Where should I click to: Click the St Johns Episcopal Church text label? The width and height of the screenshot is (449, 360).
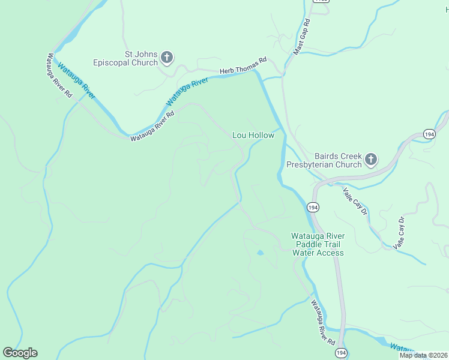point(125,58)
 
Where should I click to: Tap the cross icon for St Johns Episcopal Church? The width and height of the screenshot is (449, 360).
point(167,58)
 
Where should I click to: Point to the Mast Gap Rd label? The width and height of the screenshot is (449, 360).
point(301,38)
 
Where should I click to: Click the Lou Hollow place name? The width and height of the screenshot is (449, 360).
point(253,136)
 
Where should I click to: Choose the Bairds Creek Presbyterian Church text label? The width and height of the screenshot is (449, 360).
point(324,160)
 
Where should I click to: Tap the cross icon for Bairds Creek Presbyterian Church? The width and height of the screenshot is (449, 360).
point(371,160)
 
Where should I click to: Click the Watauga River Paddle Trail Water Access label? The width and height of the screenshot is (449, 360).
point(318,244)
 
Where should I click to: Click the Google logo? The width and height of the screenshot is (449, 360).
point(20,353)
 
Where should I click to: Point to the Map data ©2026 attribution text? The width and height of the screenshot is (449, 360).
point(423,355)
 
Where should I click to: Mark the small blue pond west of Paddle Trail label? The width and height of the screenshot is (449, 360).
point(260,253)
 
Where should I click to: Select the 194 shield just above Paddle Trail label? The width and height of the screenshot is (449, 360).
point(313,207)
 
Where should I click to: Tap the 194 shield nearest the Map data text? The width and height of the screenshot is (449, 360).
point(340,352)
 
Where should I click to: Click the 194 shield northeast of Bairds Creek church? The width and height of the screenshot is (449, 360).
point(428,134)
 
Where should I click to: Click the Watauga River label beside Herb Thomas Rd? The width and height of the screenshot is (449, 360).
point(187,91)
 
